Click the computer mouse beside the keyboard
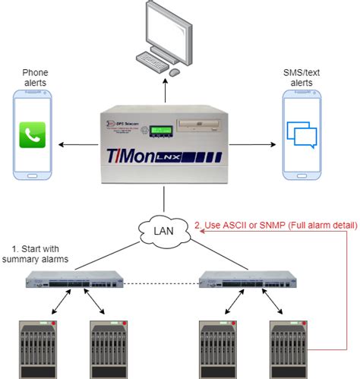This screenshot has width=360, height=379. [175, 72]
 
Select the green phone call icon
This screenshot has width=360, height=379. [33, 134]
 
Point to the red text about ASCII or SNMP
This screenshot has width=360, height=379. [276, 225]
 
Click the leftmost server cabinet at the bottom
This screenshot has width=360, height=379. [37, 349]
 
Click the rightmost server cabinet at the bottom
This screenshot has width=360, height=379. [289, 349]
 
